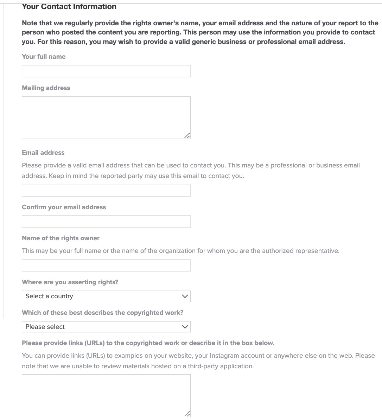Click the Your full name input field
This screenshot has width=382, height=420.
click(106, 71)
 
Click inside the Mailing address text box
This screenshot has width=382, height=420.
click(106, 117)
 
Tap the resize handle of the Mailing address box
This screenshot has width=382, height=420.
click(187, 136)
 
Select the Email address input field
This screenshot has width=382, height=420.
click(106, 190)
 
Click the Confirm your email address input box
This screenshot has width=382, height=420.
click(106, 222)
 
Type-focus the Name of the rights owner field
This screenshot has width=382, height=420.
click(106, 266)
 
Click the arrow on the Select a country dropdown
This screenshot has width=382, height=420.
click(185, 296)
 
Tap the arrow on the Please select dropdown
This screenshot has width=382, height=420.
click(185, 327)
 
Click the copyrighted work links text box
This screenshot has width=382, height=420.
click(106, 395)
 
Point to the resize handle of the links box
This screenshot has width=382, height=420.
click(187, 414)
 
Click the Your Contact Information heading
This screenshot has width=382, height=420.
click(69, 6)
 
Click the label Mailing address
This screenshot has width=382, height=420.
click(46, 88)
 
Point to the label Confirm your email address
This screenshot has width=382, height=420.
click(64, 207)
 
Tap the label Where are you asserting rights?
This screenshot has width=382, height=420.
click(70, 282)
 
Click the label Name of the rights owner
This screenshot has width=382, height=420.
click(61, 238)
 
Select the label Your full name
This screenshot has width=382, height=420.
click(44, 57)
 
